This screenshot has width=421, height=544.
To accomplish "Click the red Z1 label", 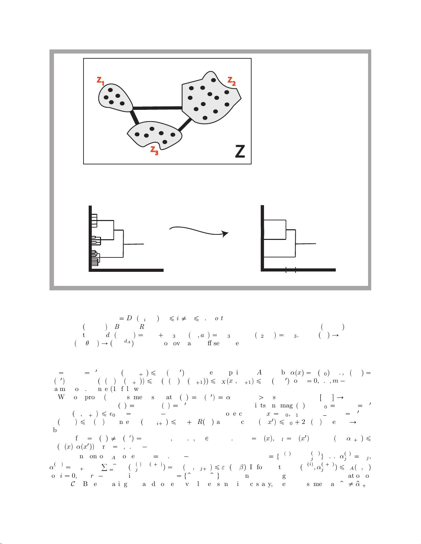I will (100, 81).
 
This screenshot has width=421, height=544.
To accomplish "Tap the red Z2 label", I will (232, 81).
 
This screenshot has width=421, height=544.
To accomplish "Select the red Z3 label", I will (154, 151).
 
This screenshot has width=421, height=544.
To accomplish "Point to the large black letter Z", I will (240, 151).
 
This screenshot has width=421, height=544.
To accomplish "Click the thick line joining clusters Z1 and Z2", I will (157, 108).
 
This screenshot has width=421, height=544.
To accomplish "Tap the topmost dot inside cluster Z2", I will (213, 80).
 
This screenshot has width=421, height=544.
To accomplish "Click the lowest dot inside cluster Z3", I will (165, 142).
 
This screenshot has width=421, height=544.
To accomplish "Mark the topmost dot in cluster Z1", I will (110, 90).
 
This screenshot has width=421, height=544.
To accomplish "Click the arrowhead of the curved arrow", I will (225, 234).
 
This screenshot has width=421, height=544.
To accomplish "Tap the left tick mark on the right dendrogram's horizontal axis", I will (286, 270).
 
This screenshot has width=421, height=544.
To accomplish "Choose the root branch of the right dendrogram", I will (306, 244).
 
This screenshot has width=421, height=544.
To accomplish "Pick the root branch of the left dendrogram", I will (134, 244).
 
